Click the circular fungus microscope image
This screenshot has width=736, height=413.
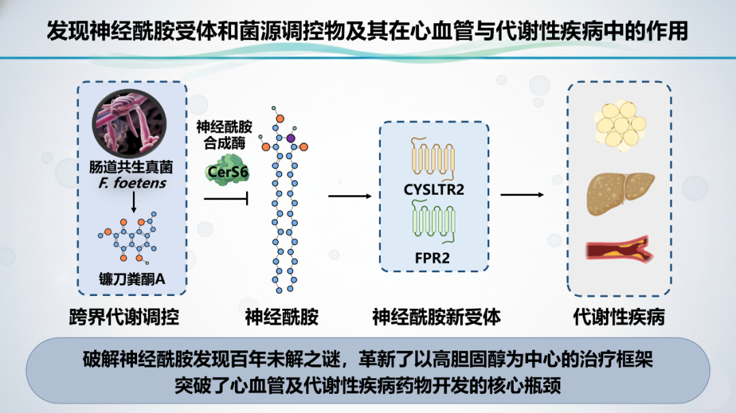(x=132, y=123)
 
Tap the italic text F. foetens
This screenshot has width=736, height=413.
(x=133, y=182)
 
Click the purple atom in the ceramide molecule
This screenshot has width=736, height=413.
(x=291, y=138)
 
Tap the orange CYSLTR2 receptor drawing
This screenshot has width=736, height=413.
(x=433, y=159)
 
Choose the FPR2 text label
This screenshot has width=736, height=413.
(x=433, y=258)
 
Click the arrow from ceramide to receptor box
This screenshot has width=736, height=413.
(x=350, y=196)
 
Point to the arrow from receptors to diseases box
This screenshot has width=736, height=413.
(x=522, y=195)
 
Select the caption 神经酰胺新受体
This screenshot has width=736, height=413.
(x=436, y=317)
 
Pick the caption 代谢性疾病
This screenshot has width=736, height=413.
(x=619, y=317)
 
